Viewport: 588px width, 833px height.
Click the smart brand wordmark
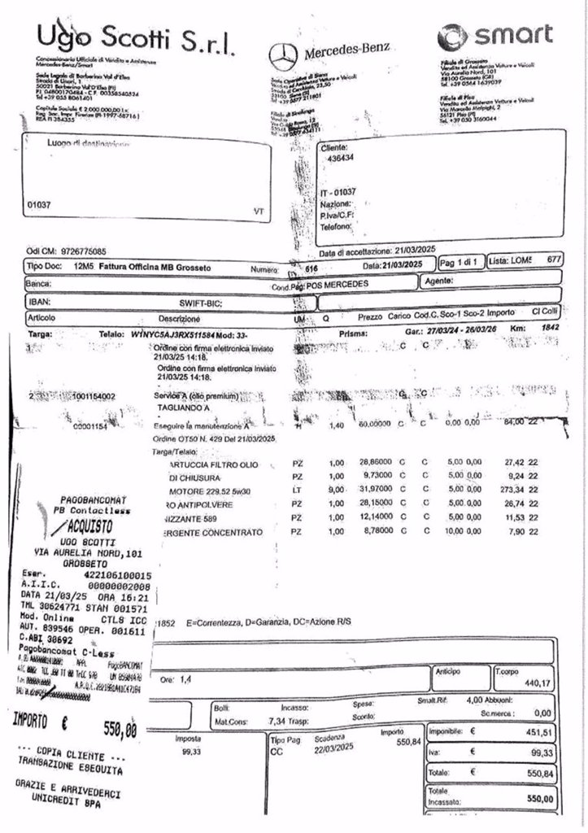(495, 35)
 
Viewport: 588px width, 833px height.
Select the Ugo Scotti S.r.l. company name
(135, 36)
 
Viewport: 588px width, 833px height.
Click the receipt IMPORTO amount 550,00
(120, 728)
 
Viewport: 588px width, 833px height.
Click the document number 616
(311, 268)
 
